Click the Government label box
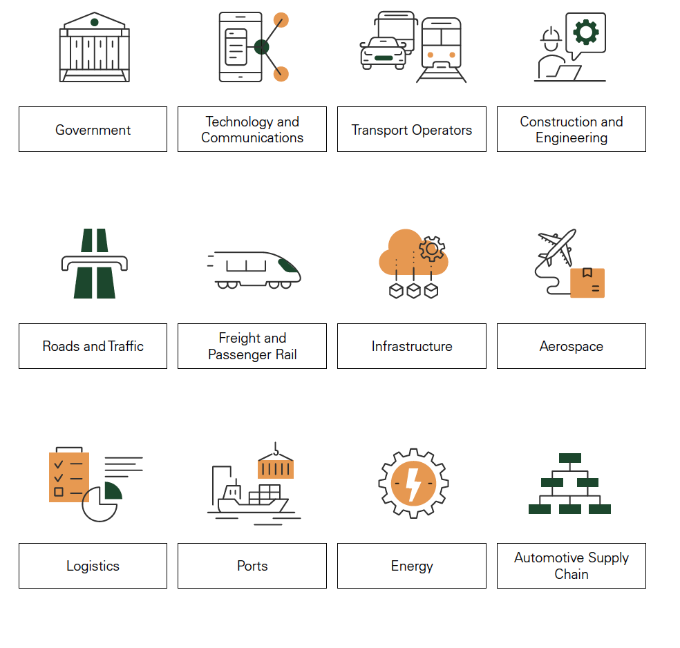(x=93, y=129)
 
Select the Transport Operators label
(x=412, y=130)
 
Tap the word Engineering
(x=571, y=138)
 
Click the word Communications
(x=252, y=138)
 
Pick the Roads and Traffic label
(x=93, y=346)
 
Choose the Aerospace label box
(x=571, y=346)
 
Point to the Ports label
(x=252, y=566)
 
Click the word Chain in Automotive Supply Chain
(x=571, y=574)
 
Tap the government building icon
(x=95, y=47)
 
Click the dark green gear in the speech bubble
(x=586, y=32)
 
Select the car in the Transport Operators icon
(x=384, y=53)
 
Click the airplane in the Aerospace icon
(x=557, y=247)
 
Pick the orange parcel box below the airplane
(x=587, y=283)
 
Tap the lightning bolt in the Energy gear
(x=413, y=484)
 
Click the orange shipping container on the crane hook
(x=276, y=468)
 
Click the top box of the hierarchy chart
(x=570, y=458)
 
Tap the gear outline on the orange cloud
(x=431, y=249)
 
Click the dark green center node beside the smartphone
(x=261, y=47)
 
